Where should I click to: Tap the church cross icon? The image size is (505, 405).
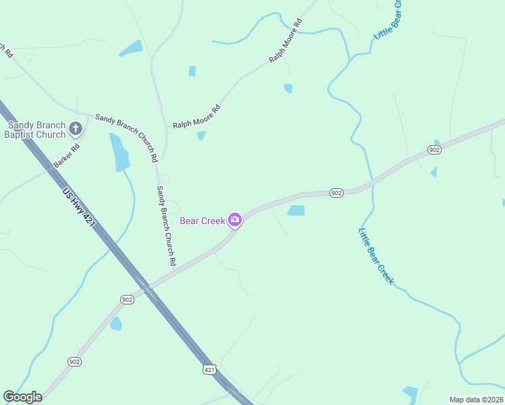[76, 128]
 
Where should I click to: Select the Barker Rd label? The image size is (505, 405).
[67, 156]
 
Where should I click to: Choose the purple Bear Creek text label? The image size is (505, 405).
[202, 221]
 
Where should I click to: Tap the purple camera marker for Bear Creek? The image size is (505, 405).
[234, 219]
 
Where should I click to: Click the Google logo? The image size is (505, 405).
[23, 397]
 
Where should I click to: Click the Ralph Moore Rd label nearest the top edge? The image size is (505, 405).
[286, 41]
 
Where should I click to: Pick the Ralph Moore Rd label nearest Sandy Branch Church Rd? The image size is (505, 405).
[196, 117]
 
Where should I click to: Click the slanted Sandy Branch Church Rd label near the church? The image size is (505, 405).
[126, 137]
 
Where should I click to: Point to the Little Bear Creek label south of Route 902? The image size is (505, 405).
[376, 256]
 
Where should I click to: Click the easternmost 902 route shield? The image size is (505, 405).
[434, 149]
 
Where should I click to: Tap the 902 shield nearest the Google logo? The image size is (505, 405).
[74, 362]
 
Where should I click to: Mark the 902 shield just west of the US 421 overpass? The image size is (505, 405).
[127, 299]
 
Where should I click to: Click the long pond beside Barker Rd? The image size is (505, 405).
[120, 152]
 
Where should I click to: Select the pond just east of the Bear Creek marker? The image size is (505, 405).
[296, 211]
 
